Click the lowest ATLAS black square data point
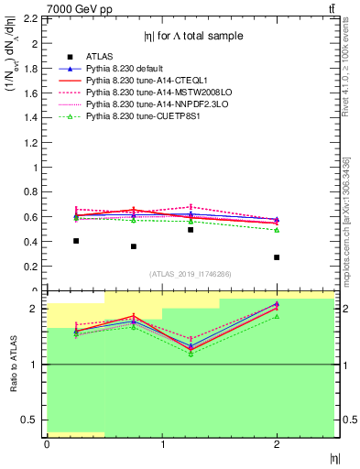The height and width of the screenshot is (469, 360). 277,257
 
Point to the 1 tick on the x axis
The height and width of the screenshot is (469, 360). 162,445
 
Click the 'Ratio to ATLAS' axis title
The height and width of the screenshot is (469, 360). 12,364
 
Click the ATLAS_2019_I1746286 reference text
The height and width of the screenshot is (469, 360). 190,274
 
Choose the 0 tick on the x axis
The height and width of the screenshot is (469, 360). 47,445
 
